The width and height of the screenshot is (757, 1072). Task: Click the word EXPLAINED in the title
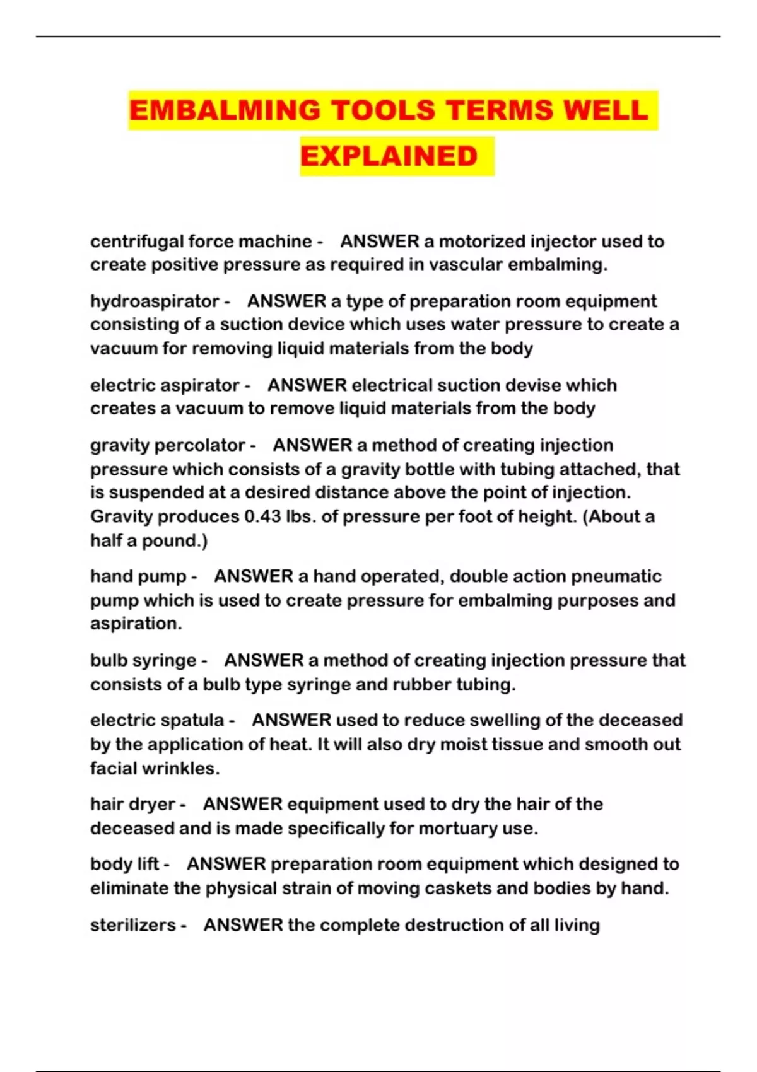pyautogui.click(x=389, y=156)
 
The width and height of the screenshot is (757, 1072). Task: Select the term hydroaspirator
pyautogui.click(x=155, y=301)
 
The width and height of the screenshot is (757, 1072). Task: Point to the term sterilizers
pyautogui.click(x=133, y=925)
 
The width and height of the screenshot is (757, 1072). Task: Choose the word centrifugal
pyautogui.click(x=136, y=242)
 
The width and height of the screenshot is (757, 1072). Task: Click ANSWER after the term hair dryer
pyautogui.click(x=243, y=805)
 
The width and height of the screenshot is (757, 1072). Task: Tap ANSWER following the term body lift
pyautogui.click(x=226, y=865)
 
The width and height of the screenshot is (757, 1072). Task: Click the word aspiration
pyautogui.click(x=136, y=624)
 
